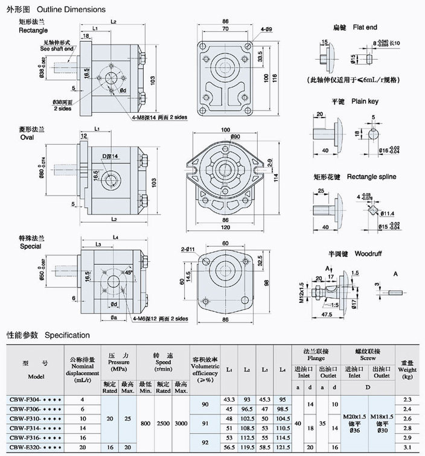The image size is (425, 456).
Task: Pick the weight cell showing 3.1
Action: coord(407,447)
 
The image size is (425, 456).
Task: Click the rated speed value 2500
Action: coord(162,423)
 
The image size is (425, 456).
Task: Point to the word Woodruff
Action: coord(368,253)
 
